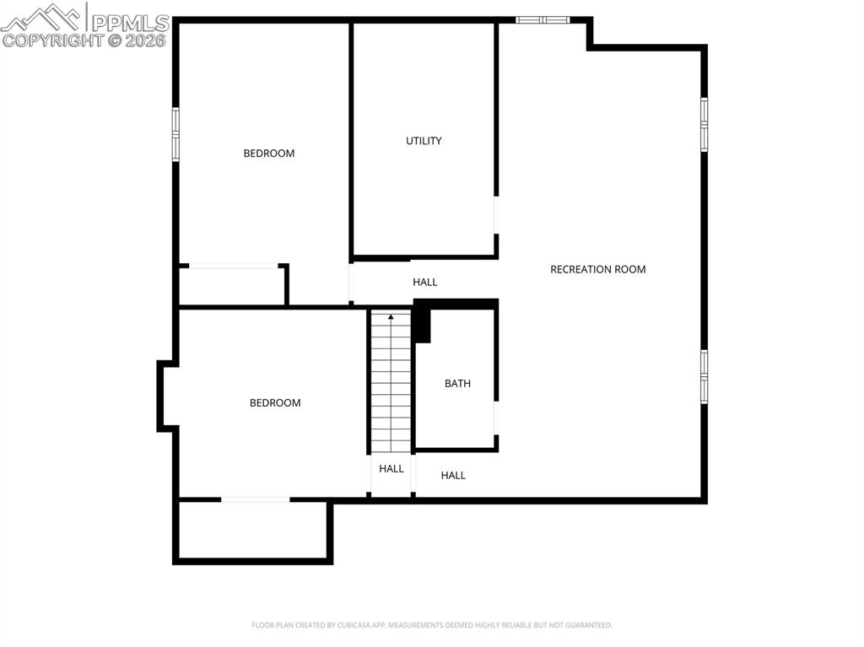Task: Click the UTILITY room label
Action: pos(424,141)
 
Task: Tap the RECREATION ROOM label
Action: pos(598,269)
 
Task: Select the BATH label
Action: pos(457,384)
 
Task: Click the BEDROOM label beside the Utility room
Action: pos(269,154)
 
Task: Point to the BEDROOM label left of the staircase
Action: pos(275,403)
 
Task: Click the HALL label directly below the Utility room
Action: pos(425,283)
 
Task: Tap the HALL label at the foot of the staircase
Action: pos(391,469)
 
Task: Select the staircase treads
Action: pos(391,381)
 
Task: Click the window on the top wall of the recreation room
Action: pos(543,20)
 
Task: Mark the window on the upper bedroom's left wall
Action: pos(175,134)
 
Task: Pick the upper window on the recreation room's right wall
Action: pos(705,125)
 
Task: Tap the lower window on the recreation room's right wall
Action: pos(705,376)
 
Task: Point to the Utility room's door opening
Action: pos(496,215)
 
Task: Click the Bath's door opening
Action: pos(496,418)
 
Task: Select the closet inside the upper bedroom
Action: pos(232,285)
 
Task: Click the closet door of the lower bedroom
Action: pos(255,500)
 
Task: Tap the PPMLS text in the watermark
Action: pos(130,23)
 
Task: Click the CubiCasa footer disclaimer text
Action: pos(431,625)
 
